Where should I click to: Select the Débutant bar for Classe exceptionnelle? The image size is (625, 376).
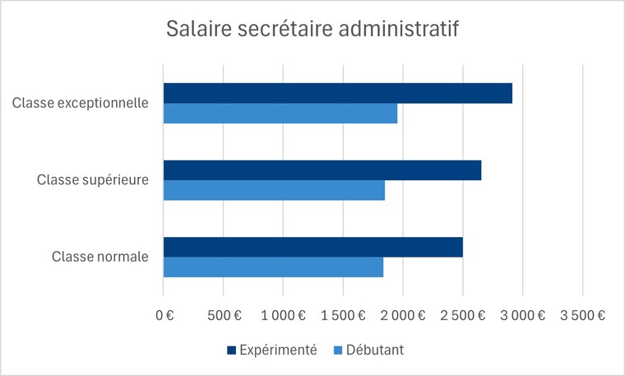[x=280, y=114]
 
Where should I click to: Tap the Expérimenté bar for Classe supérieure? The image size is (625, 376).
[x=322, y=170]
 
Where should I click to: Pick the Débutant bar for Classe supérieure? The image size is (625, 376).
[x=274, y=190]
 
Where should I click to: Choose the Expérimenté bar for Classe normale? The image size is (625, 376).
[x=312, y=247]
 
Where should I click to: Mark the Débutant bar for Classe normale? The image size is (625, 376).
[x=273, y=267]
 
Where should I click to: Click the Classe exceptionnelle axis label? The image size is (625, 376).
[x=81, y=103]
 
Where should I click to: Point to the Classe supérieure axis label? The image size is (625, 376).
[x=93, y=180]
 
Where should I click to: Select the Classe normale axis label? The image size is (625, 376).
[x=100, y=257]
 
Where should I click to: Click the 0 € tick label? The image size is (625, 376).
[x=164, y=314]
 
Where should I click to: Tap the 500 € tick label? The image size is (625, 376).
[x=223, y=314]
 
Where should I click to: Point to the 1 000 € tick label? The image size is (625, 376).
[x=283, y=314]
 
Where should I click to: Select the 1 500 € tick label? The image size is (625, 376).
[x=343, y=314]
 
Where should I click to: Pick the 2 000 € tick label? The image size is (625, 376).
[x=403, y=314]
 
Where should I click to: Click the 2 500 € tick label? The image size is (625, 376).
[x=463, y=314]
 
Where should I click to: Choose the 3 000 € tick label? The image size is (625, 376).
[x=523, y=314]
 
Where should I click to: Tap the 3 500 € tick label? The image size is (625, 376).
[x=583, y=314]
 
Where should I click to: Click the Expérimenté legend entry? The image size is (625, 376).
[x=271, y=350]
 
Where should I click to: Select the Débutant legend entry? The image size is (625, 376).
[x=367, y=350]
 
